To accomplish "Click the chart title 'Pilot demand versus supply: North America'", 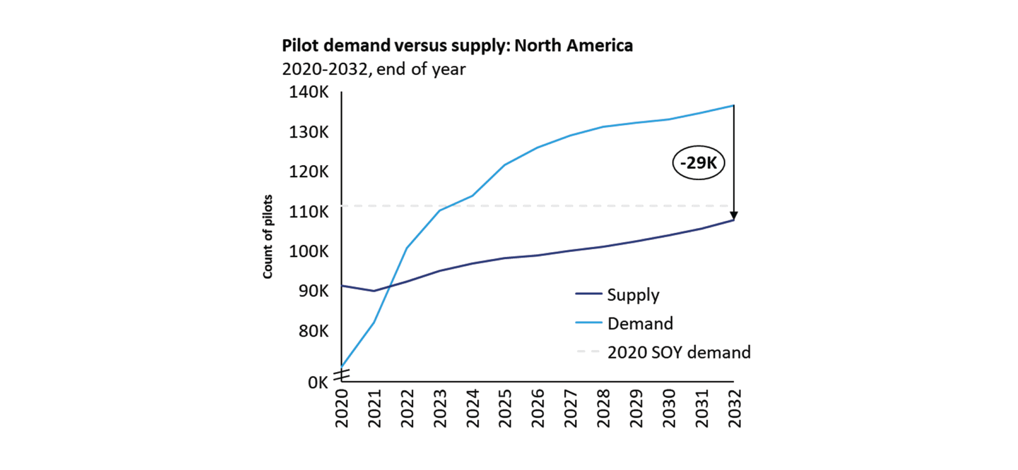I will pos(457,46).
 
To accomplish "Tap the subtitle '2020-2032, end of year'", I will pos(374,69).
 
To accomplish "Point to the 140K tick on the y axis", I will pos(309,92).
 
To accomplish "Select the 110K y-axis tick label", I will pos(309,212).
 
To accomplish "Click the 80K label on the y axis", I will pos(313,331).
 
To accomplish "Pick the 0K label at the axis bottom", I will pos(318,383).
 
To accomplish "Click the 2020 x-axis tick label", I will pos(342,408).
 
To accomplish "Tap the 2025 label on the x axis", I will pos(505,408).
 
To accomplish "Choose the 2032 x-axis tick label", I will pos(735,408).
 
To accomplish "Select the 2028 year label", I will pos(604,408).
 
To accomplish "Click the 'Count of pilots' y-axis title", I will pos(268,237).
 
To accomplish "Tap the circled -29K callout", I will pos(698,163).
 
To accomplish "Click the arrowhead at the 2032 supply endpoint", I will pos(734,215).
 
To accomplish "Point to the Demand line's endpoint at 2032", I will pos(734,105).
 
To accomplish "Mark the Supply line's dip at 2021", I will pos(374,291).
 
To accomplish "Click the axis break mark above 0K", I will pos(342,375).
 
